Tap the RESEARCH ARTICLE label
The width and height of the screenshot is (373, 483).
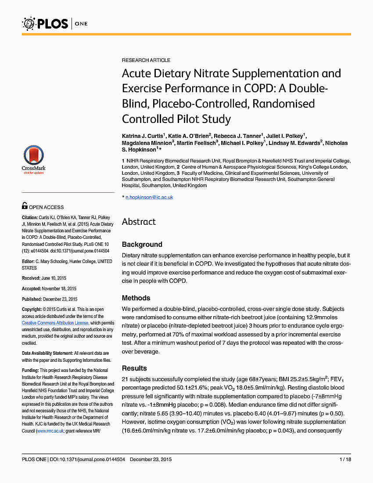coord(146,60)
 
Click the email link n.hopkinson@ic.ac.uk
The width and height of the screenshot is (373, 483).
coord(149,198)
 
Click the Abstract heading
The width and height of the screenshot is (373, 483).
coord(139,222)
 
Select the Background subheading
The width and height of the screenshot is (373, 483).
coord(142,245)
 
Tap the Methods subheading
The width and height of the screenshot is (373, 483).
coord(136,298)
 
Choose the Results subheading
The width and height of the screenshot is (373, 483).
coord(134,368)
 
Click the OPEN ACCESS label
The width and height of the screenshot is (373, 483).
coord(46,207)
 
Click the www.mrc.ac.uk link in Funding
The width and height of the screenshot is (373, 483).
coord(50,431)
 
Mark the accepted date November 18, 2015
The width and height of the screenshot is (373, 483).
coord(59,288)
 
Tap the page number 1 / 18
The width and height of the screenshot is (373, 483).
coord(345,460)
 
